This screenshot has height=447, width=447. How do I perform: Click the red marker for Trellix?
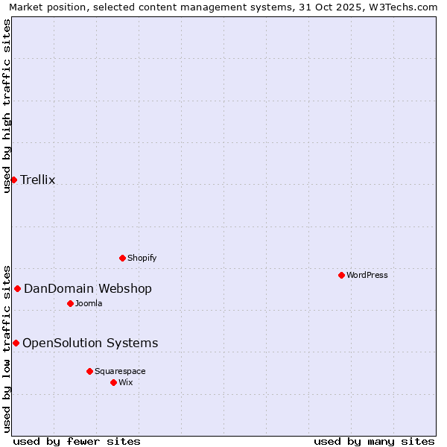[x=13, y=180]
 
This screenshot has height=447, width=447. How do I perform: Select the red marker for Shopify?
[x=122, y=258]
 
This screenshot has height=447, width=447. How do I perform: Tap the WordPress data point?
[x=341, y=275]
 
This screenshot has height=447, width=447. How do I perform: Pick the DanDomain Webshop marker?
[x=17, y=288]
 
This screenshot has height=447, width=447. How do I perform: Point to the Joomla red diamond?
[x=70, y=303]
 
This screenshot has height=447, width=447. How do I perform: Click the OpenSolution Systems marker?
[x=16, y=343]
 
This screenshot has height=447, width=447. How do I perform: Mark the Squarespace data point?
[x=89, y=371]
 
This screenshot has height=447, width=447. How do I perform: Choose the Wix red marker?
[x=113, y=382]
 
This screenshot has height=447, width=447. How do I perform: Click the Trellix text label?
[x=38, y=180]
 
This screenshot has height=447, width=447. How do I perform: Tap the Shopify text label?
[x=142, y=258]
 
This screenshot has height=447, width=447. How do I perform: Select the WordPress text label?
[x=367, y=275]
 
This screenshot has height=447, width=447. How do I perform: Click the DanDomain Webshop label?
[x=88, y=288]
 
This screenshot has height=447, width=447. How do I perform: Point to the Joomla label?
[x=89, y=303]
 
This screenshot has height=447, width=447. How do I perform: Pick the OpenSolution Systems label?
[x=90, y=343]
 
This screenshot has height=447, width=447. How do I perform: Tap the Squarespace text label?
[x=120, y=371]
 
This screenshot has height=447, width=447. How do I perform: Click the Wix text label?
[x=126, y=382]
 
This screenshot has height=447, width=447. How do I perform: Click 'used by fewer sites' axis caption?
[x=77, y=441]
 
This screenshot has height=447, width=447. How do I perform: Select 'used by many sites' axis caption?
[x=374, y=441]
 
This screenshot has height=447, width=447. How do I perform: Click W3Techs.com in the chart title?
[x=406, y=7]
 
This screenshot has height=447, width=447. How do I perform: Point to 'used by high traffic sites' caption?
[x=7, y=106]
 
